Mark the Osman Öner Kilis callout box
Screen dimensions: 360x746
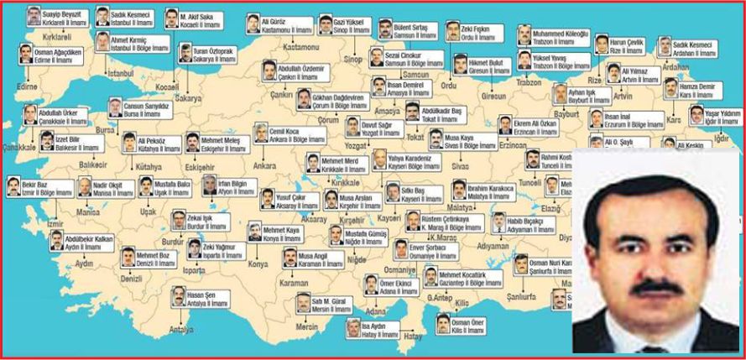point(461,325)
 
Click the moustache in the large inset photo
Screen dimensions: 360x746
point(650,287)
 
